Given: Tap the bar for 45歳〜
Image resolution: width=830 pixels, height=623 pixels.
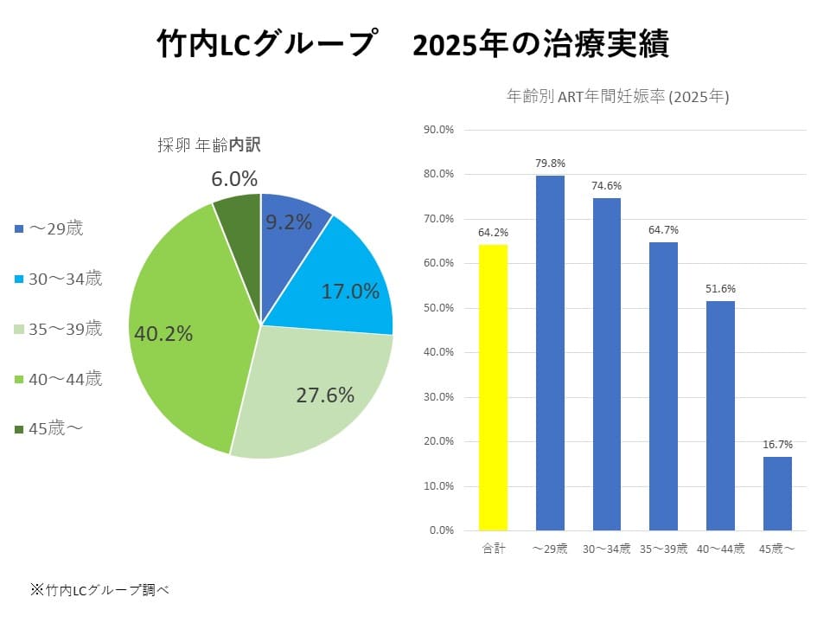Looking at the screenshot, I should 777,492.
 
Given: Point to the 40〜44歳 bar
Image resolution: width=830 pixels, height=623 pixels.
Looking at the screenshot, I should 720,415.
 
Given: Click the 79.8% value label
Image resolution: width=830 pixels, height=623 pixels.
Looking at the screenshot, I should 550,163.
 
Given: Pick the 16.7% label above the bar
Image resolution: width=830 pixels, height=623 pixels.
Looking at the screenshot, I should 777,444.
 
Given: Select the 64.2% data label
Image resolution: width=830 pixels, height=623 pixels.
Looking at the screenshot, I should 493,232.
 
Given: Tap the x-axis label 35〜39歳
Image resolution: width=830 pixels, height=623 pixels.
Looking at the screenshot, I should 663,549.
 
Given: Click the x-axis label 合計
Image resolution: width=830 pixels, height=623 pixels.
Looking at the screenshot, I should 493,549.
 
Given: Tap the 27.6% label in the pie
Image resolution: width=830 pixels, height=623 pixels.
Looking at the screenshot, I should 325,395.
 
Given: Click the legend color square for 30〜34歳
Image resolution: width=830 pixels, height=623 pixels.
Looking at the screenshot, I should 19,279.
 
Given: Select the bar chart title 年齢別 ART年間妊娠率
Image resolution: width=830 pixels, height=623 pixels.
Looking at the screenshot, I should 617,98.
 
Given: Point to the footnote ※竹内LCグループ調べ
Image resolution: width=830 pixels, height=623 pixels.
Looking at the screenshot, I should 100,590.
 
